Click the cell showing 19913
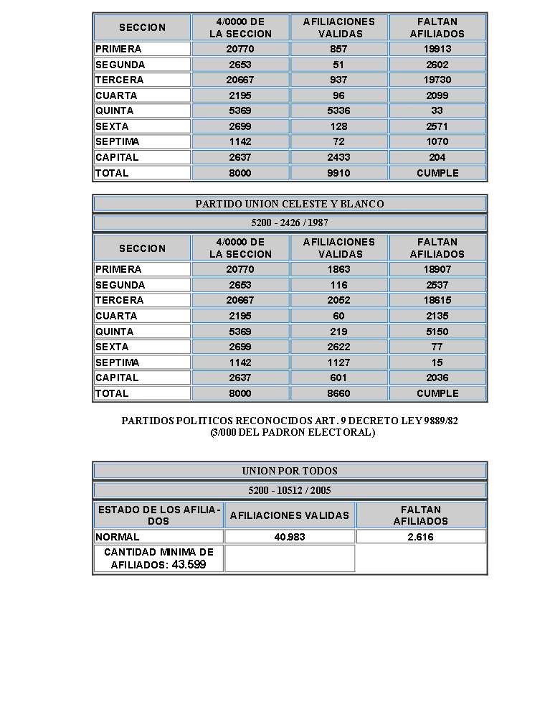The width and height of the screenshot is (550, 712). point(437,50)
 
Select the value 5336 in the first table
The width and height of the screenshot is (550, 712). point(338,111)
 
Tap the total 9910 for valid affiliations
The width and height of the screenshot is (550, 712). point(338,173)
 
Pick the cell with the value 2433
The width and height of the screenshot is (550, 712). point(338,157)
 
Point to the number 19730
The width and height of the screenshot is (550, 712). point(437,80)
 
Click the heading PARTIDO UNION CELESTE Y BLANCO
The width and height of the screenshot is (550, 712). point(290,205)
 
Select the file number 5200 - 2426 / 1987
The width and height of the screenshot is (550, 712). point(290,223)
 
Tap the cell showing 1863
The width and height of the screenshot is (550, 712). point(338,270)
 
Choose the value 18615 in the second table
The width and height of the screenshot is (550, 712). point(437,301)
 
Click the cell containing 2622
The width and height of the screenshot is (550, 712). point(338,347)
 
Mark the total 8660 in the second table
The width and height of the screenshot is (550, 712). point(338,393)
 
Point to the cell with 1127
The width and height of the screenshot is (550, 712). point(338,362)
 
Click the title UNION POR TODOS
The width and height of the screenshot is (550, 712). point(290,472)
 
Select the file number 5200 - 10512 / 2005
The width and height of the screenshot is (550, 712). point(290,491)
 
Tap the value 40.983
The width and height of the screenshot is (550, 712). point(290,537)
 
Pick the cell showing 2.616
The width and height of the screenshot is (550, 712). point(420,537)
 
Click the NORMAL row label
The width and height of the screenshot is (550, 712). point(118,537)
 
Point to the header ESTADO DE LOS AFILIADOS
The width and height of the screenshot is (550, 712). point(158,515)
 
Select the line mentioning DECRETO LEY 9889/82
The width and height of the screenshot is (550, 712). point(290,421)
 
